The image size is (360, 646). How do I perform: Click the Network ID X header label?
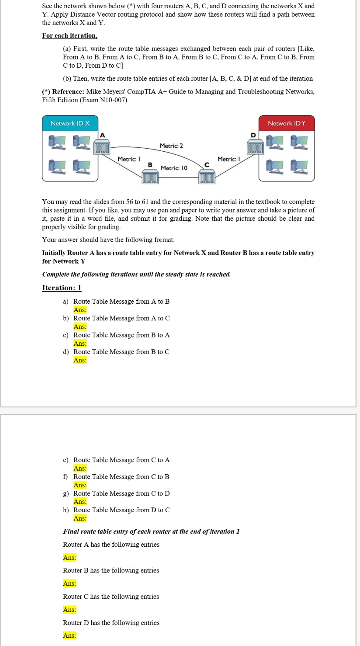[x=70, y=123]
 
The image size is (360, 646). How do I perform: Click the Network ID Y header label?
[x=286, y=123]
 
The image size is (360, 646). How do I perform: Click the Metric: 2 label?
[x=171, y=146]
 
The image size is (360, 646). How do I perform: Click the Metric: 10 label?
[x=174, y=168]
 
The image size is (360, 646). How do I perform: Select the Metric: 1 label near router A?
[x=129, y=159]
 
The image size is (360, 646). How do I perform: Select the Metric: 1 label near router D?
[x=228, y=159]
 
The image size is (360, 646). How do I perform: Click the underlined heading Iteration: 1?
[x=61, y=288]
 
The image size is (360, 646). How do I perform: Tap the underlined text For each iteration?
[x=69, y=36]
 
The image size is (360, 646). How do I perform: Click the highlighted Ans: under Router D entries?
[x=69, y=636]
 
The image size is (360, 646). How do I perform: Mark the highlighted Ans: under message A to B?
[x=80, y=310]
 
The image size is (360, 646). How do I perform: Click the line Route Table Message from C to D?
[x=121, y=493]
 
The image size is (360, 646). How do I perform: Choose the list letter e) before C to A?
[x=65, y=460]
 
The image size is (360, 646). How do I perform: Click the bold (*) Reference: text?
[x=63, y=91]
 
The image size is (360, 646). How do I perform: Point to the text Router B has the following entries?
[x=111, y=570]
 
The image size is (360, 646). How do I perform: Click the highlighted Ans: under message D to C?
[x=80, y=519]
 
